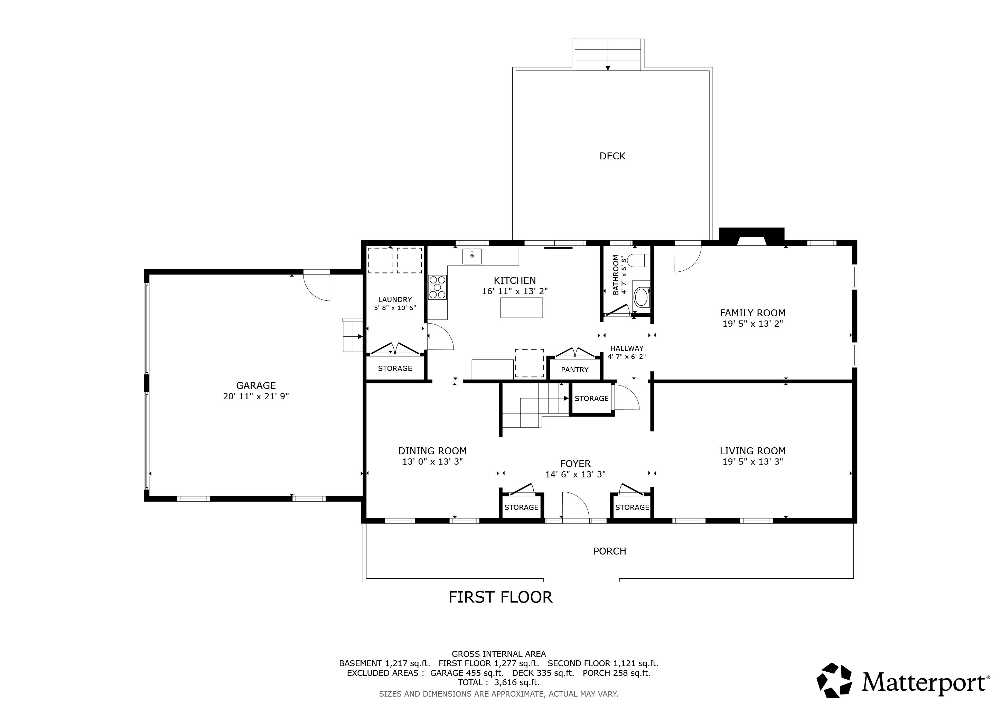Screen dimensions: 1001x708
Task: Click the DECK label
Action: tap(612, 156)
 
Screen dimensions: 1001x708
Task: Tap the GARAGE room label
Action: tap(256, 385)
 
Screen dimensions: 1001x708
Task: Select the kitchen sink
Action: tap(472, 256)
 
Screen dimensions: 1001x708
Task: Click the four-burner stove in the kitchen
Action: tap(437, 287)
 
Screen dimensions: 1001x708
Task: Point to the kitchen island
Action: tap(522, 308)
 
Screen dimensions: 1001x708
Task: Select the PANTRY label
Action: tap(574, 370)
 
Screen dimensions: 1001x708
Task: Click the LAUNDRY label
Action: tap(395, 299)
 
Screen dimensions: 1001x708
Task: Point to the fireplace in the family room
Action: tap(752, 237)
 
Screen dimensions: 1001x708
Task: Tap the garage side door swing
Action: tap(317, 286)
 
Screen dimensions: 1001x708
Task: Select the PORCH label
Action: tap(609, 551)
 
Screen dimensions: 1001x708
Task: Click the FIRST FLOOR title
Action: tap(501, 597)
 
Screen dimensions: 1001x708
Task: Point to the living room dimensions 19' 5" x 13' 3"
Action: tap(752, 461)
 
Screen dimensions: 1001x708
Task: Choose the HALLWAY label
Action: tap(627, 348)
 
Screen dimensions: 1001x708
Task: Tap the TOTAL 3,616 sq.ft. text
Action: tap(499, 682)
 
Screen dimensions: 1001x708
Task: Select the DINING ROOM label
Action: tap(432, 451)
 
